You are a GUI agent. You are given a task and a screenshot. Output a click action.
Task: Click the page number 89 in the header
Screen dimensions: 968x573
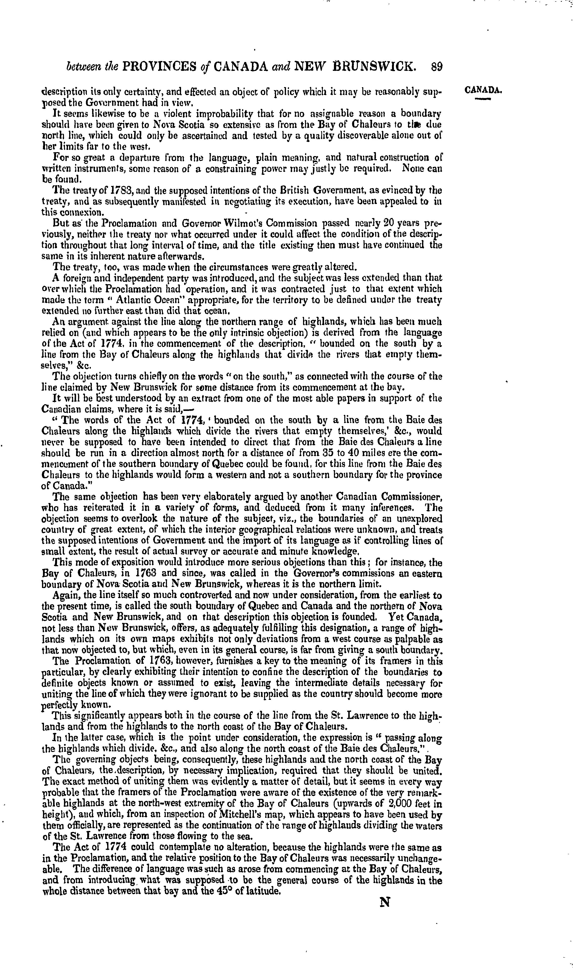(436, 67)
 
